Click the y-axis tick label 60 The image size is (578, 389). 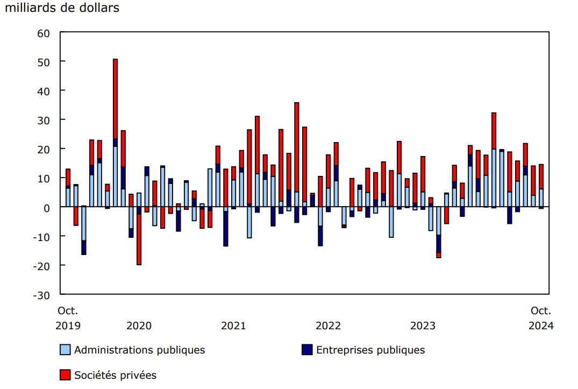[43, 33]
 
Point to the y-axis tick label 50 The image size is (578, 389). [43, 62]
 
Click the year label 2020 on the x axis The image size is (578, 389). [139, 326]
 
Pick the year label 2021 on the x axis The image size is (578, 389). [233, 326]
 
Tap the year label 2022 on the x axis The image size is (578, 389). [328, 326]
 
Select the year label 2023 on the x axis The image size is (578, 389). [423, 326]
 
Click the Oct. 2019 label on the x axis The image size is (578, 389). [68, 318]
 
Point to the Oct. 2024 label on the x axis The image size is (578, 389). [541, 318]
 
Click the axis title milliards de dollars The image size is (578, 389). [62, 8]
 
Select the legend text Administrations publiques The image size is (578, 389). [139, 350]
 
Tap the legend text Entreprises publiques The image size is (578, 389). [370, 350]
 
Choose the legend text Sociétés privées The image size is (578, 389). [115, 375]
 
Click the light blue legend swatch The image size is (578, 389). [65, 350]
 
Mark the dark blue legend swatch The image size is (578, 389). [307, 350]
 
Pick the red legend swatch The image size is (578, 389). [65, 374]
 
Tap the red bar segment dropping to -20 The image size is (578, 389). [139, 239]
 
